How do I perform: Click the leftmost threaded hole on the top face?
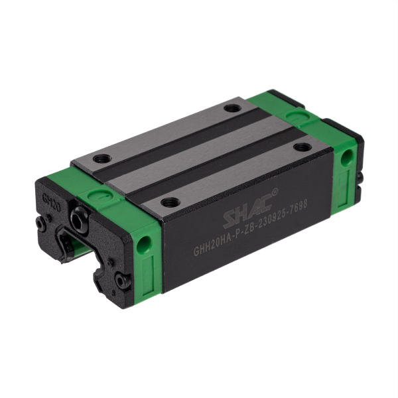(101, 159)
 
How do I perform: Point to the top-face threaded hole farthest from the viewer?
(232, 108)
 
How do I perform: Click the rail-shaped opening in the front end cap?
(78, 245)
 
